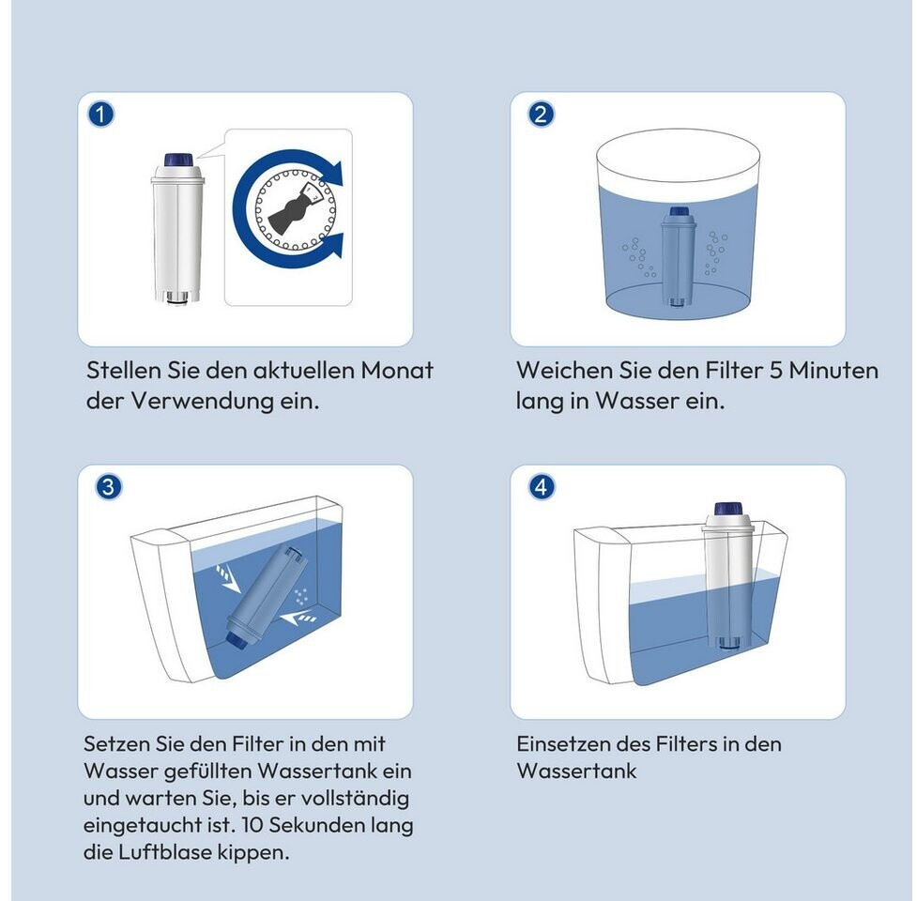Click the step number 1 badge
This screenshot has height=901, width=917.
coord(101,114)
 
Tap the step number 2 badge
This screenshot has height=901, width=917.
coord(541,114)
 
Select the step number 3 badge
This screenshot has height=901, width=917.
coord(108,487)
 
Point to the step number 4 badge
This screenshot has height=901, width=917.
coord(541,487)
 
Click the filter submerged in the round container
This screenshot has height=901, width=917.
coord(678,257)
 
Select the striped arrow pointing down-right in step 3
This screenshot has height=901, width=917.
coord(228,577)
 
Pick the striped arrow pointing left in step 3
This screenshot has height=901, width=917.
coord(298,618)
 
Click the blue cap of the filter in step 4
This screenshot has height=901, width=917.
coord(728,509)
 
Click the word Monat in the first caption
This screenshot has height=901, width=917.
coord(397,370)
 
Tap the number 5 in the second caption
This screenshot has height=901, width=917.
coord(775,370)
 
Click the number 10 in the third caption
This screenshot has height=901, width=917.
coord(252,825)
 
